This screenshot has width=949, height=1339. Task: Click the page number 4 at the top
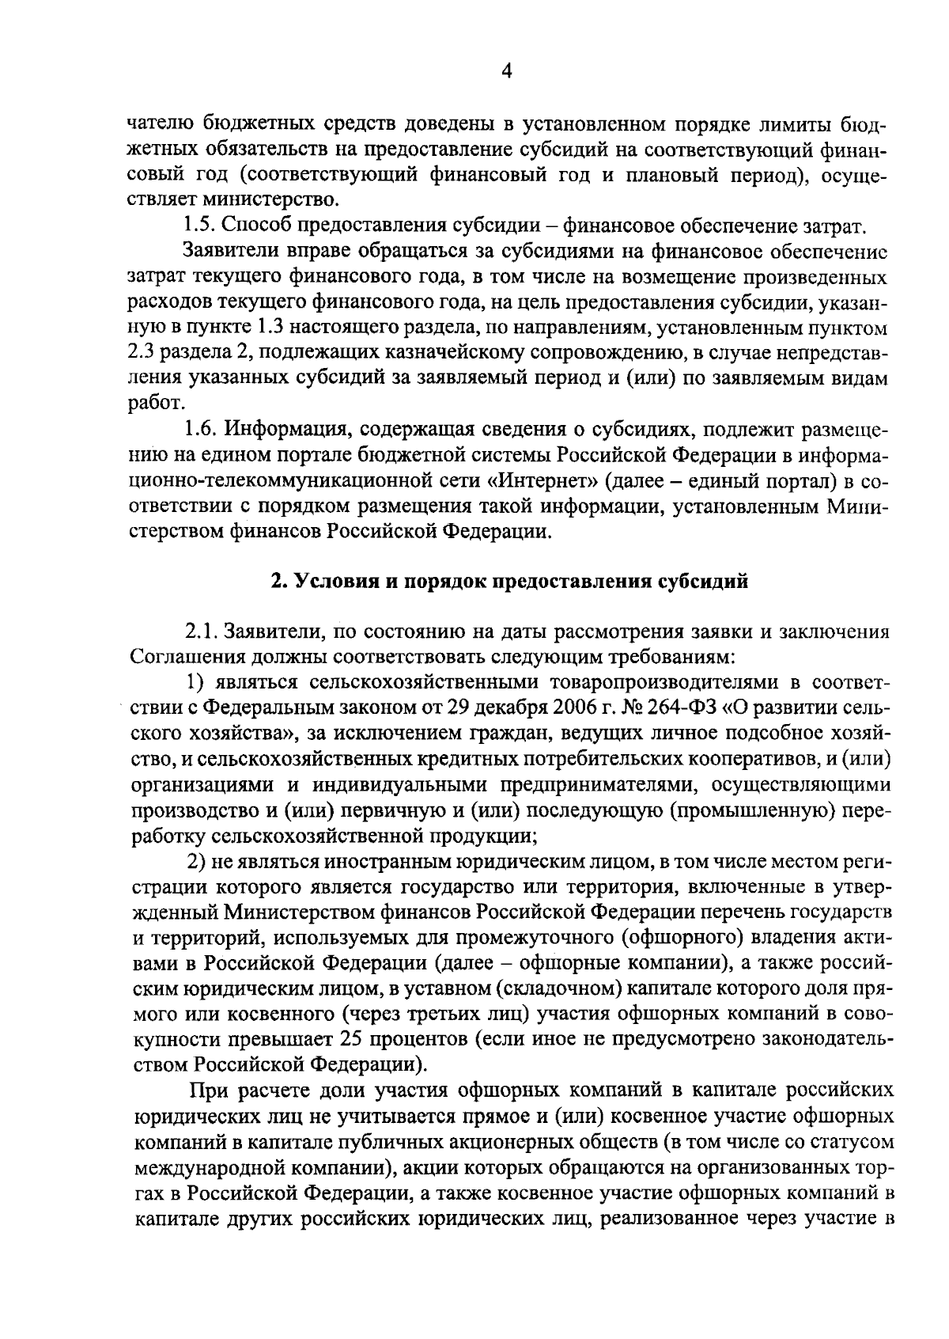coord(507,71)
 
